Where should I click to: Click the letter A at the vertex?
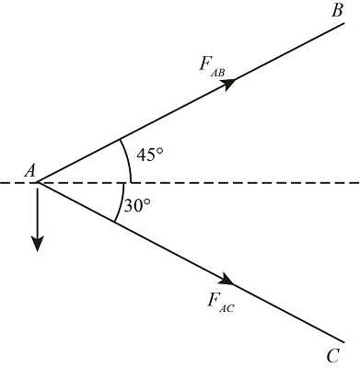[30, 169]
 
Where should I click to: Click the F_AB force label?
[211, 65]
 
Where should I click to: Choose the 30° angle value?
[137, 206]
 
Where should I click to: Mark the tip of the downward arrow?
[37, 249]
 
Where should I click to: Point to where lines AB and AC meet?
[37, 183]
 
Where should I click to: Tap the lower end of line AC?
[343, 338]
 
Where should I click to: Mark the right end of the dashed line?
[357, 183]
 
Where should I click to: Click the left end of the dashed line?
[3, 183]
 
